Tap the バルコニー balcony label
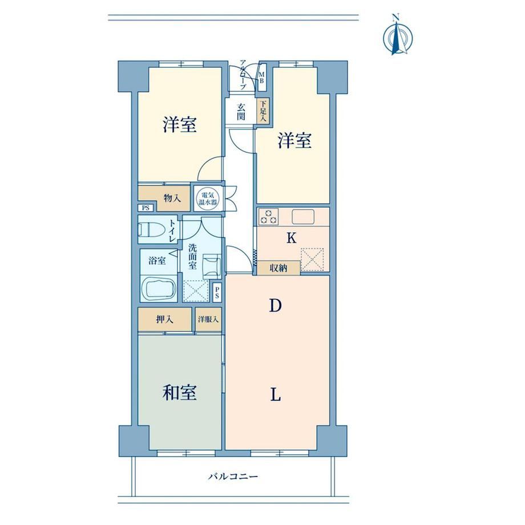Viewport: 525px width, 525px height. point(233,476)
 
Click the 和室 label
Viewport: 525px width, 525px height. point(179,393)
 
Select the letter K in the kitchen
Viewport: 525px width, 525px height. point(292,238)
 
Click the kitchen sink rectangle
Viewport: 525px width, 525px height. point(303,217)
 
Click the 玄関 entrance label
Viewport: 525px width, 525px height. point(241,112)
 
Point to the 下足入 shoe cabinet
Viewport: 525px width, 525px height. point(263,111)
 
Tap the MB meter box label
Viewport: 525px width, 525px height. point(261,78)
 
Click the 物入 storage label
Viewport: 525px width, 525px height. point(172,198)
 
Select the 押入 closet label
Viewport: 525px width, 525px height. point(164,319)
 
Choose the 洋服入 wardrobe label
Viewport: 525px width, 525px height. point(208,320)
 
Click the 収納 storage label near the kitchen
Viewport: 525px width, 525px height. point(278,268)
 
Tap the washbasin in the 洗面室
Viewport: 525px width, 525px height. point(212,265)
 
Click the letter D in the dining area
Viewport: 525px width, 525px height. point(275,305)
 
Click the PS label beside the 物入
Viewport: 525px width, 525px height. point(146,208)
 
